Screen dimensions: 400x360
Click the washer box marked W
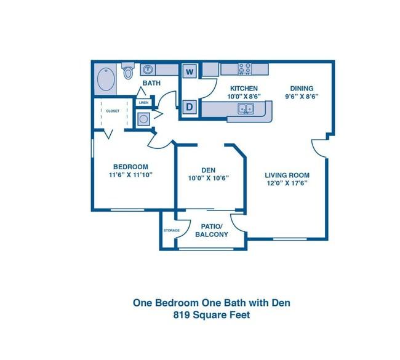190,71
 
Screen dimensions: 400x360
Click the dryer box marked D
190,107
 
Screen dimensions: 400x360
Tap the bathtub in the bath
106,79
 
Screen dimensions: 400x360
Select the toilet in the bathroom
127,70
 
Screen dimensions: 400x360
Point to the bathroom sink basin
148,70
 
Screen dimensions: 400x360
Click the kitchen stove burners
245,69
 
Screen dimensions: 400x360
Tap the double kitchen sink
246,109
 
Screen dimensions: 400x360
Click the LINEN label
144,103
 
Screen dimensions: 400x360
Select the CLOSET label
113,111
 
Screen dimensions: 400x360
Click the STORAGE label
172,230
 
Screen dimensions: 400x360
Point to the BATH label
151,83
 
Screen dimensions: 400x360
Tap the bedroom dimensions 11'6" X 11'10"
130,175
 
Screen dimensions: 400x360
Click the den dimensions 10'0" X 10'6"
208,178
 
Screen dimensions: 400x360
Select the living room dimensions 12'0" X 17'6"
287,183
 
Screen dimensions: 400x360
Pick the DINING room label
302,88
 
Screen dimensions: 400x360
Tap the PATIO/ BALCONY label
212,230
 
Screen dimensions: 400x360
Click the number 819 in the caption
182,315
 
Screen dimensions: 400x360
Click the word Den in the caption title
281,303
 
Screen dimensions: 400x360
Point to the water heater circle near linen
143,119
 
